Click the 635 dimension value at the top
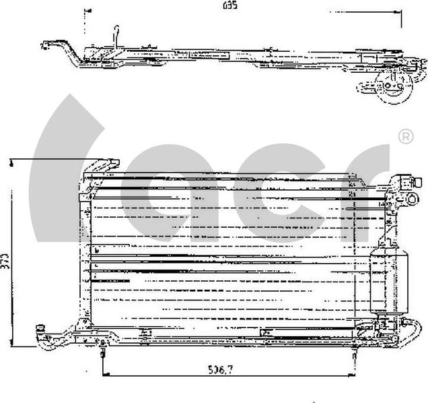(x=231, y=5)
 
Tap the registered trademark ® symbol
(x=406, y=138)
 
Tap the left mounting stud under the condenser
(x=102, y=352)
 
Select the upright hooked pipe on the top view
(x=116, y=35)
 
